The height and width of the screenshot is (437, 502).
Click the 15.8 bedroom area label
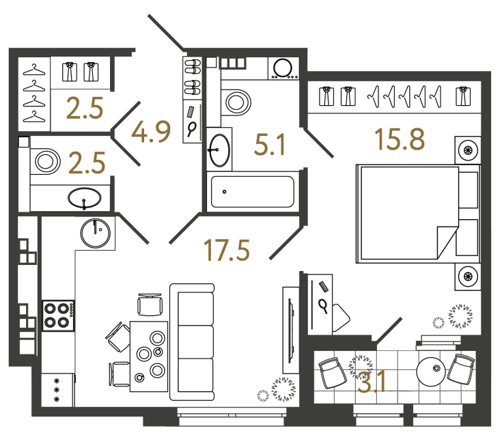click(x=400, y=139)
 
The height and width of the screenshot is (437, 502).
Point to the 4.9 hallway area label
click(x=152, y=131)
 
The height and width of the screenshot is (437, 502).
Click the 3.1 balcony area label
click(x=372, y=380)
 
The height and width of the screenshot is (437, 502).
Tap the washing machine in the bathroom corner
click(x=282, y=68)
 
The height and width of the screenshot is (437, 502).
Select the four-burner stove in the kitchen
click(x=57, y=315)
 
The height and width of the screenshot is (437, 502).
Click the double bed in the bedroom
click(x=406, y=212)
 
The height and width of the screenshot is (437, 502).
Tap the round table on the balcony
click(x=432, y=373)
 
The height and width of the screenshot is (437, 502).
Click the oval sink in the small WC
click(x=85, y=199)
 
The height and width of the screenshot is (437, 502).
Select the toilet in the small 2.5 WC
click(x=45, y=163)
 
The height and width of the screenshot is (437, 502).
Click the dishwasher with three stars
click(x=57, y=390)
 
